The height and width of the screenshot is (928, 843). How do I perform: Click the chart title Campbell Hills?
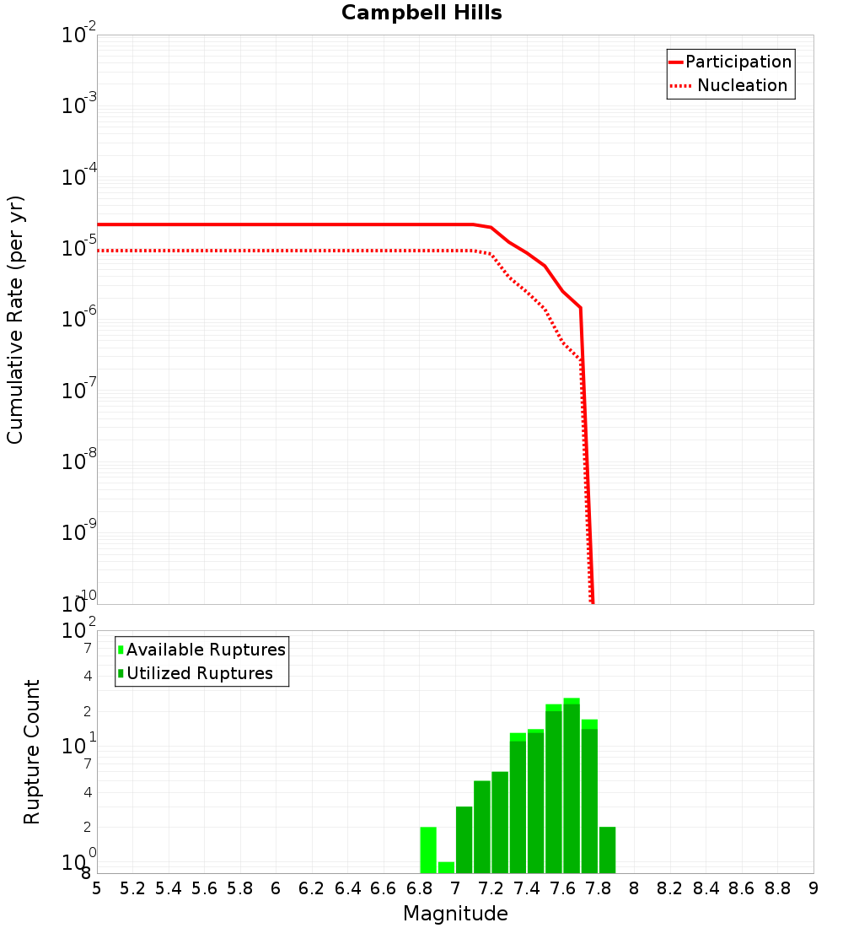point(421,13)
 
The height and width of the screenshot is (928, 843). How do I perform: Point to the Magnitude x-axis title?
point(455,914)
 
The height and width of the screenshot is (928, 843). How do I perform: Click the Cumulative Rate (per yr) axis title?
point(16,320)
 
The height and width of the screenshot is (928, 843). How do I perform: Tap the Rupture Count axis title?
point(32,752)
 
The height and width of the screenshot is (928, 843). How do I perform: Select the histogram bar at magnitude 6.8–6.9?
point(428,850)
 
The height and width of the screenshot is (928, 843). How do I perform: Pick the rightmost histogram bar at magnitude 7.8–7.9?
point(607,850)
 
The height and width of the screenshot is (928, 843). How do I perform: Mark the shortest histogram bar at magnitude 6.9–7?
point(446,867)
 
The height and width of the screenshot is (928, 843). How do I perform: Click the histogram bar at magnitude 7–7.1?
point(464,839)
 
